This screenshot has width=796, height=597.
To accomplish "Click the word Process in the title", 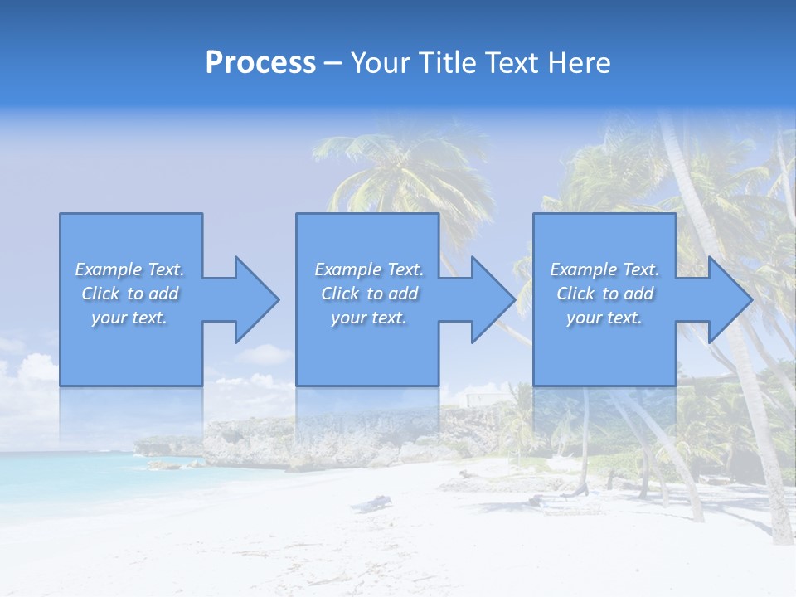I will point(260,63).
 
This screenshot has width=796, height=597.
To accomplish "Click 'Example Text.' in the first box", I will point(129,269).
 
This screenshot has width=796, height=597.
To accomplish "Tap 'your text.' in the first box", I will point(129,318).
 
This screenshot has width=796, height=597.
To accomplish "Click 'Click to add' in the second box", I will point(369,294).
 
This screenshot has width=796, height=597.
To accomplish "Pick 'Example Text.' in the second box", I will point(369,269).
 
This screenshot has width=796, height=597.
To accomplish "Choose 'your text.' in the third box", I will point(604,318).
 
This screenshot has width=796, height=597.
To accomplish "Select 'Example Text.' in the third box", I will point(604,269).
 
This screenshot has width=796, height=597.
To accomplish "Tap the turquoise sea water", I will point(66,473).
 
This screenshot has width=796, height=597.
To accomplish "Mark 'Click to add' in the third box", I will point(604,294).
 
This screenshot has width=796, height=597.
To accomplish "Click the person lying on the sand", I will point(371,502).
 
